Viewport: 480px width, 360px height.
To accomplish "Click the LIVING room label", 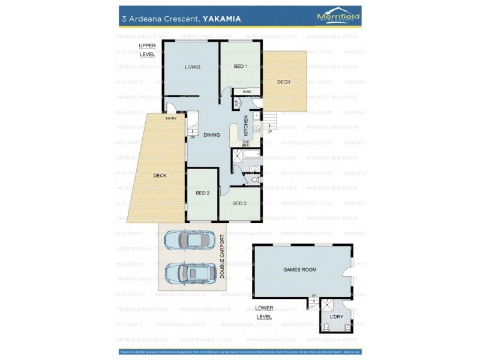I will tap(192, 67).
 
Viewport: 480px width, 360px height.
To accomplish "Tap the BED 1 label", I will tap(240, 66).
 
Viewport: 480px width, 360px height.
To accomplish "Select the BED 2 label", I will tap(202, 193).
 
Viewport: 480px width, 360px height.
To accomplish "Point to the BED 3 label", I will tap(240, 203).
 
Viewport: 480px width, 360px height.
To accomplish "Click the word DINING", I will tap(211, 135).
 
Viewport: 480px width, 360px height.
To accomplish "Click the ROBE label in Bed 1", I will tap(247, 92).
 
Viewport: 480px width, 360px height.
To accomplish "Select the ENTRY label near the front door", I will tap(171, 118).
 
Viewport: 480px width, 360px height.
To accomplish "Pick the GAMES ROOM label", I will tap(299, 270).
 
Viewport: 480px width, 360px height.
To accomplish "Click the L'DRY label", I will tap(336, 316).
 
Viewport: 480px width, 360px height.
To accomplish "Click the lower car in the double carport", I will tap(190, 273).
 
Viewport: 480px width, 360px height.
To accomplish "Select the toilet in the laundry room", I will tap(326, 326).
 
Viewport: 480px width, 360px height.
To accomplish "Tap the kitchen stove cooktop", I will tap(246, 143).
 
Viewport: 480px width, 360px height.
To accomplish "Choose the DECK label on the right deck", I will tap(283, 82).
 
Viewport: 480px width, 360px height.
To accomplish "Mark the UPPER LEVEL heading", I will tap(147, 50).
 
